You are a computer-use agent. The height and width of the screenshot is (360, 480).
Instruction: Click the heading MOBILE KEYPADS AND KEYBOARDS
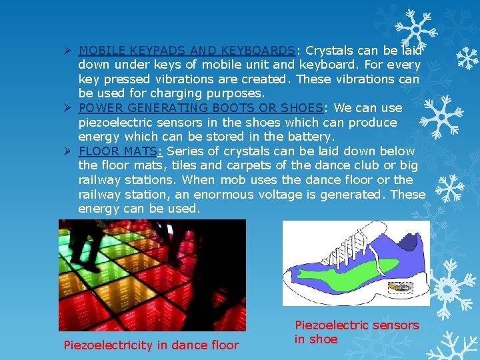click(187, 51)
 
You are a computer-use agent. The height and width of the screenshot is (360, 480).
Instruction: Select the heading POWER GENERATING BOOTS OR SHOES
click(201, 108)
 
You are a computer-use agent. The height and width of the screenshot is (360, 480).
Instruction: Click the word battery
click(310, 137)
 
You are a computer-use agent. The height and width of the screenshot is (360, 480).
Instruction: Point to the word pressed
click(124, 79)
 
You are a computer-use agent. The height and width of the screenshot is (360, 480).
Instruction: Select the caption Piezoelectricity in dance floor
click(151, 345)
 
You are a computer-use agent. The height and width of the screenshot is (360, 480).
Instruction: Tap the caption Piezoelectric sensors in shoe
click(357, 332)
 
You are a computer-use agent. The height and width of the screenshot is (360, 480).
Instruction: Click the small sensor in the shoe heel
click(400, 287)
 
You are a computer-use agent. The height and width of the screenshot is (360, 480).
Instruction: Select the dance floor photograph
click(152, 275)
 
